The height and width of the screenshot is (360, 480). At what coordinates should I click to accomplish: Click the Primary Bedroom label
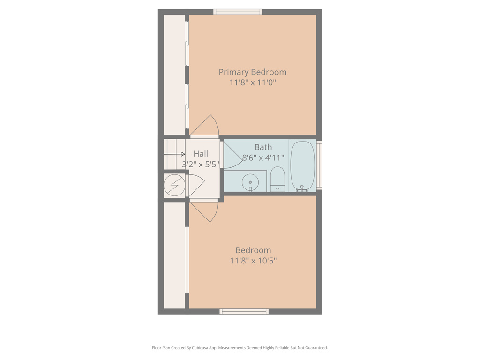pos(252,72)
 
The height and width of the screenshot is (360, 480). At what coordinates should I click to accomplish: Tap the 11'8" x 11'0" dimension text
pos(252,82)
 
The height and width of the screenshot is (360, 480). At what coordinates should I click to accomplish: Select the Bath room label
pos(263,147)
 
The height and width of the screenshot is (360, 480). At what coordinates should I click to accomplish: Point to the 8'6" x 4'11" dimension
pos(263,157)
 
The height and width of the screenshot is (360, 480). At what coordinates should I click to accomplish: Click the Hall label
pos(201,154)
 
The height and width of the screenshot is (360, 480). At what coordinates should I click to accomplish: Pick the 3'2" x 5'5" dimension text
pos(201,164)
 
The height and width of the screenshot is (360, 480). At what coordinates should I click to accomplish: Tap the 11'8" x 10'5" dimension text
pos(253,261)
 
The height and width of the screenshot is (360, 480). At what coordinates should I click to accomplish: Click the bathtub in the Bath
pos(302,166)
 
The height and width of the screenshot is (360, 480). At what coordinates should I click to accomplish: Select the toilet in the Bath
pos(277,179)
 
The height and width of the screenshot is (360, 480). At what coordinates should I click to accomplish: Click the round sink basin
pos(250,182)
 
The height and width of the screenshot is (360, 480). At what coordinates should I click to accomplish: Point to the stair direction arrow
pos(174,154)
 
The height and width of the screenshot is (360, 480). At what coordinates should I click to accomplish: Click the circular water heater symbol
pos(174,186)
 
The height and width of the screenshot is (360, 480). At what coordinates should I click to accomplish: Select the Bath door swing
pos(232,154)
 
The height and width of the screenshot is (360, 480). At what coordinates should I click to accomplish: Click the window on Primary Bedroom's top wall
pos(238,12)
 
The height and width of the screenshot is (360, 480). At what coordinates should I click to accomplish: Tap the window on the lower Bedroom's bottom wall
pos(244,311)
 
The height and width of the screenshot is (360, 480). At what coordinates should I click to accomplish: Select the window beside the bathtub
pos(319,165)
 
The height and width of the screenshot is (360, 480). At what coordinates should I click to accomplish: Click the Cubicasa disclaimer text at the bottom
pos(240,348)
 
